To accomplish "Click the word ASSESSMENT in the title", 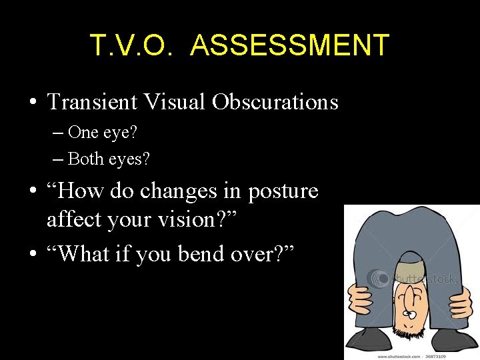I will click(x=289, y=45).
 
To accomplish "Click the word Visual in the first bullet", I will click(x=174, y=103).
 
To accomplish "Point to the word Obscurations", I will click(x=276, y=103).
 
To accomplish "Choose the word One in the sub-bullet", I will click(x=83, y=132).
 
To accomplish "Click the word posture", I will click(x=283, y=192).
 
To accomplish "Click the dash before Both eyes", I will click(x=58, y=159).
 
